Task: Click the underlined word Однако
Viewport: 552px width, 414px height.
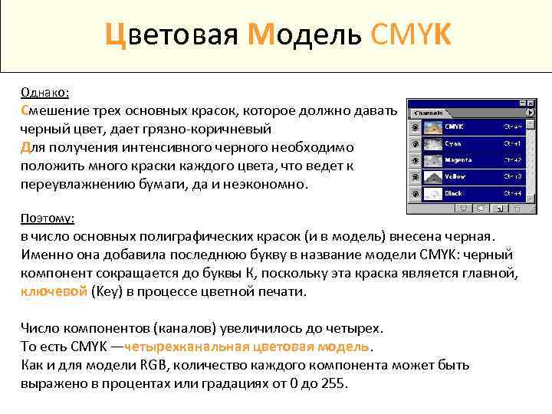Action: [45, 92]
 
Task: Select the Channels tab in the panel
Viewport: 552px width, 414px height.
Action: [429, 113]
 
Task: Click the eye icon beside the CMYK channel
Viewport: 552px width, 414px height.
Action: [415, 127]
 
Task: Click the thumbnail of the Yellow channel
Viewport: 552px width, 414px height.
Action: [433, 177]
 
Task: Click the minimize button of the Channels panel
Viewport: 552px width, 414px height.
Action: [521, 102]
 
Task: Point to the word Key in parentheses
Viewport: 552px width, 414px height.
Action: [106, 291]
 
